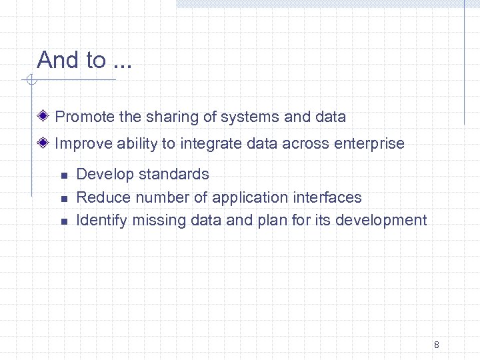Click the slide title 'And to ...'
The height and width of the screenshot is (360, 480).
[x=85, y=60]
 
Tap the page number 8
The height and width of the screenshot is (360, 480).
[x=436, y=345]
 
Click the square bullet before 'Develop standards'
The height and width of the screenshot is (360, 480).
[x=64, y=175]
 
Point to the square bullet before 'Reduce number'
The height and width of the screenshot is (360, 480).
[x=64, y=198]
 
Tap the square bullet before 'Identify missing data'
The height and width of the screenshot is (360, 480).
[x=64, y=221]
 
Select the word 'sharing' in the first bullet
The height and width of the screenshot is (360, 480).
[x=167, y=117]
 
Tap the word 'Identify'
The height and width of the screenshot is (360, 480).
[x=101, y=220]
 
